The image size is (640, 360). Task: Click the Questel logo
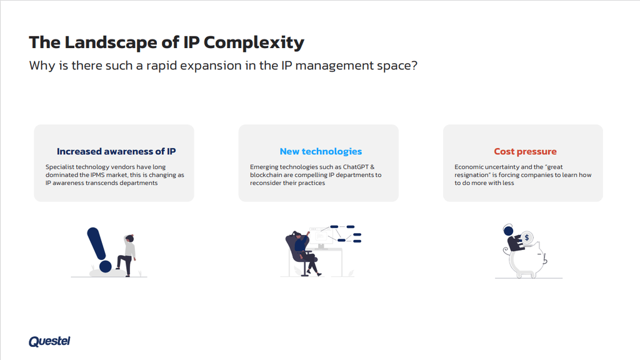[49, 341]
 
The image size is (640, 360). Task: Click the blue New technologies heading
[321, 151]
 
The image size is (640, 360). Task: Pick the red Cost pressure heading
[525, 151]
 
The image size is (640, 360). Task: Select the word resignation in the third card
[472, 175]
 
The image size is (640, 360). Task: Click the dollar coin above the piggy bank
[528, 237]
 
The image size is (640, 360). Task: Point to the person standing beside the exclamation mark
[127, 254]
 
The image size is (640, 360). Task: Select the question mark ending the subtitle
[414, 66]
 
